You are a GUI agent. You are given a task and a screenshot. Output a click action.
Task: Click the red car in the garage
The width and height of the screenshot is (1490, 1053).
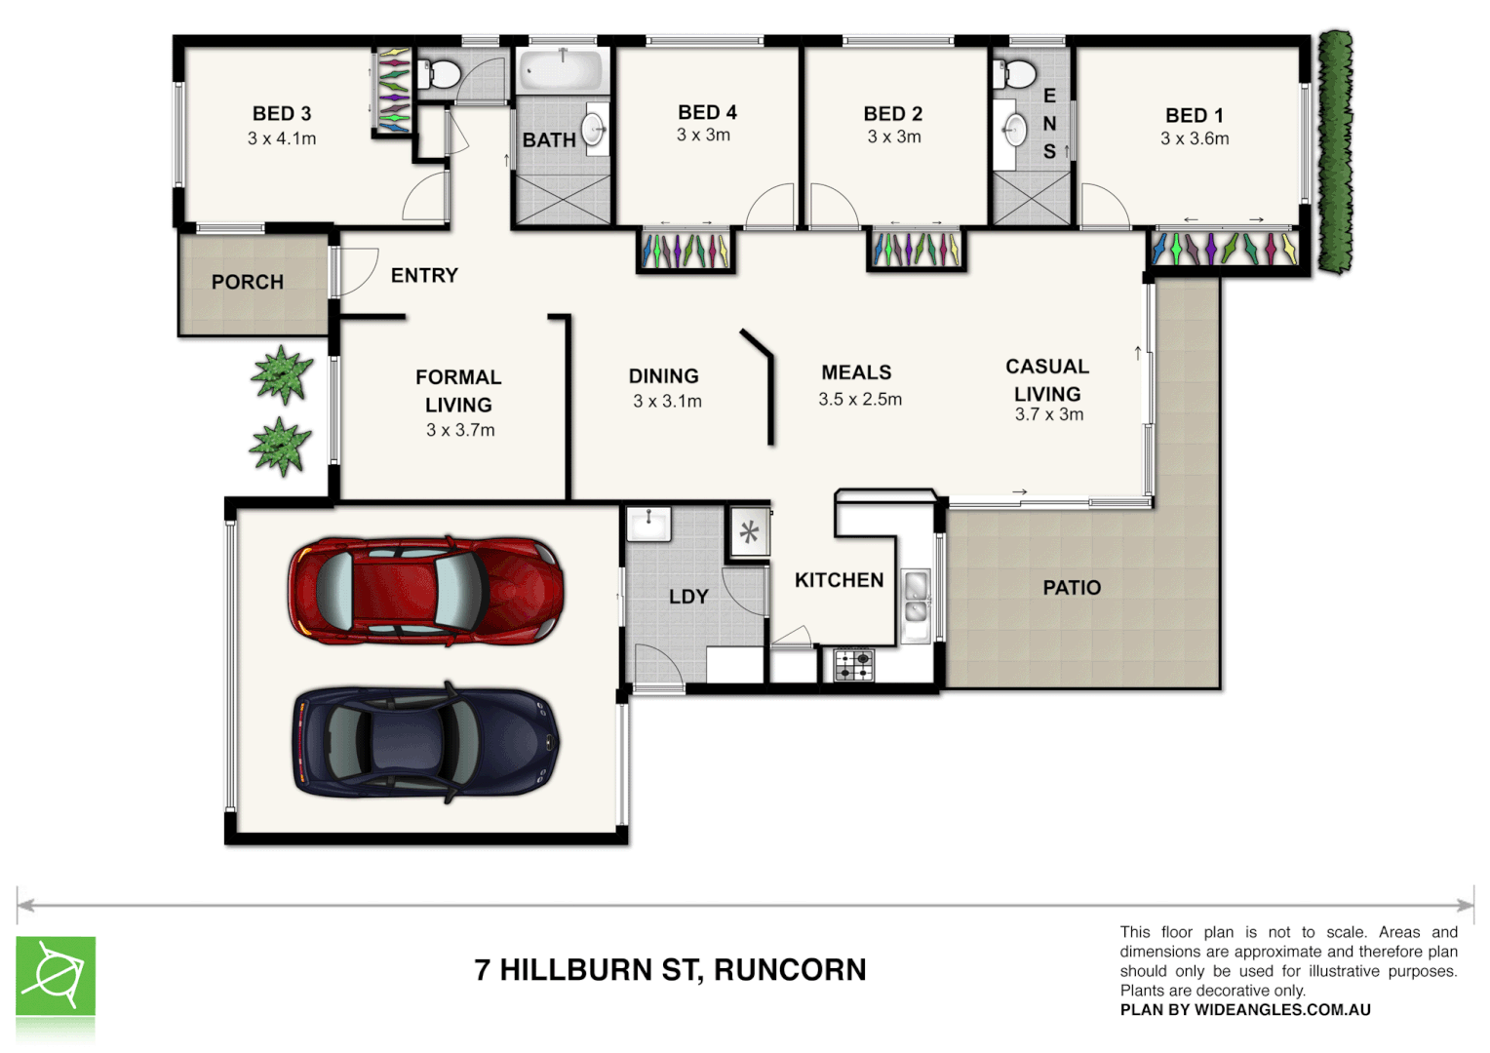point(425,589)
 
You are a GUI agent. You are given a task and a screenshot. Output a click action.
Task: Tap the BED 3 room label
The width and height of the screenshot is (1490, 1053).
point(282,114)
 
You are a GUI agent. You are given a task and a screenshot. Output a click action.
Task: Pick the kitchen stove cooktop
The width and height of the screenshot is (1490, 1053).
point(854,665)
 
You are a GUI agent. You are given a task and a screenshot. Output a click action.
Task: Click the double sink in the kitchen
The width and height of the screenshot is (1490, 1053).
point(916,598)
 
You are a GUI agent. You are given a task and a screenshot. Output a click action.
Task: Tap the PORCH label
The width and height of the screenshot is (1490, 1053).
point(248,282)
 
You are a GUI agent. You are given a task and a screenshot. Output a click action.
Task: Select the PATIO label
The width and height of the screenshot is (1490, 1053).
point(1072,588)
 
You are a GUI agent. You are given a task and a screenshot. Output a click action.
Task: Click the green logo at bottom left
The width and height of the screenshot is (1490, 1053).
point(56,976)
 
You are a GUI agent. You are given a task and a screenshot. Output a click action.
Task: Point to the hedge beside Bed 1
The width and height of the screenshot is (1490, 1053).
point(1335,151)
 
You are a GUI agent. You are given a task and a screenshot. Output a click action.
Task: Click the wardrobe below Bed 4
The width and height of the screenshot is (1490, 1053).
point(686,251)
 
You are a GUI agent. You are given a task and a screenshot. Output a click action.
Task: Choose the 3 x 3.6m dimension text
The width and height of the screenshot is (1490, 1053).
point(1195,138)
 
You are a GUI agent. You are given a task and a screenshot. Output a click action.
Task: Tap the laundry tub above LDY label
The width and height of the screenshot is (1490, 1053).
point(648,524)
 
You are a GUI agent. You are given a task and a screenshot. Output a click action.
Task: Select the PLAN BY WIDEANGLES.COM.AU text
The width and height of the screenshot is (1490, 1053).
point(1245,1010)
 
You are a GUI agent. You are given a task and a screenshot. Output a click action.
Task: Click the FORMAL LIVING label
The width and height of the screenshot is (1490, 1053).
point(458,390)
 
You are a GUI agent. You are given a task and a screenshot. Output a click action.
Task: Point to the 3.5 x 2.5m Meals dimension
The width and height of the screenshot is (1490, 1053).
point(860,399)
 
